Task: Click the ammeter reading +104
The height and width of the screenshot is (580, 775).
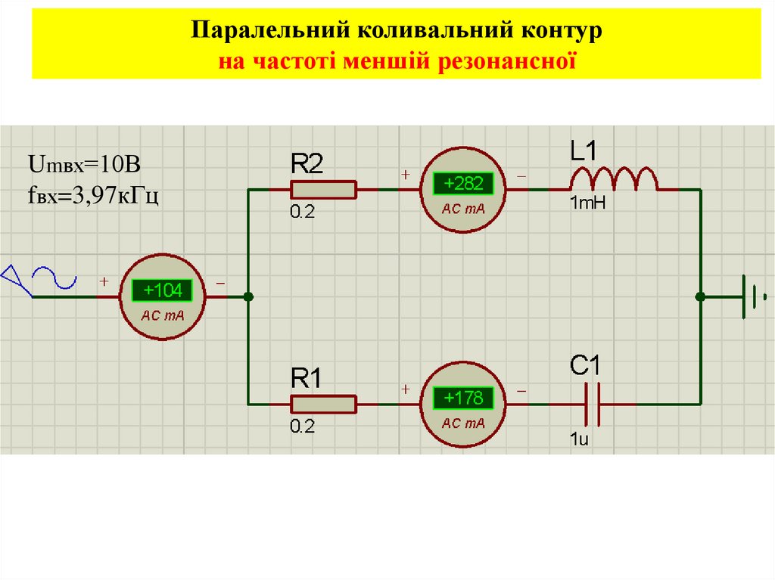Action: point(161,290)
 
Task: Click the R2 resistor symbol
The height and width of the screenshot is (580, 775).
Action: point(323,190)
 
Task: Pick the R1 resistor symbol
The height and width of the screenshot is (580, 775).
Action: point(323,405)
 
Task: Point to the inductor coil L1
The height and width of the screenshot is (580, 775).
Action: point(614,179)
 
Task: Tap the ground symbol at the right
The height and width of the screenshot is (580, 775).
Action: point(754,296)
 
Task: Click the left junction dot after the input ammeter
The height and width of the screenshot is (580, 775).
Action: point(248,297)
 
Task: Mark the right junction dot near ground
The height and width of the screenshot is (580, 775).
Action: point(700,296)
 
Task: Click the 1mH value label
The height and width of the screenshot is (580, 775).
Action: point(587,203)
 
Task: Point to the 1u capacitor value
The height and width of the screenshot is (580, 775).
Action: point(579,439)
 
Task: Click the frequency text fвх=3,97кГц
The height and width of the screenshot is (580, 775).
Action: point(93,197)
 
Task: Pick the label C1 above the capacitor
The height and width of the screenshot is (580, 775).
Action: point(585,366)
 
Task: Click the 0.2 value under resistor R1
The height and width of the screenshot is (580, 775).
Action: point(301,426)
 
